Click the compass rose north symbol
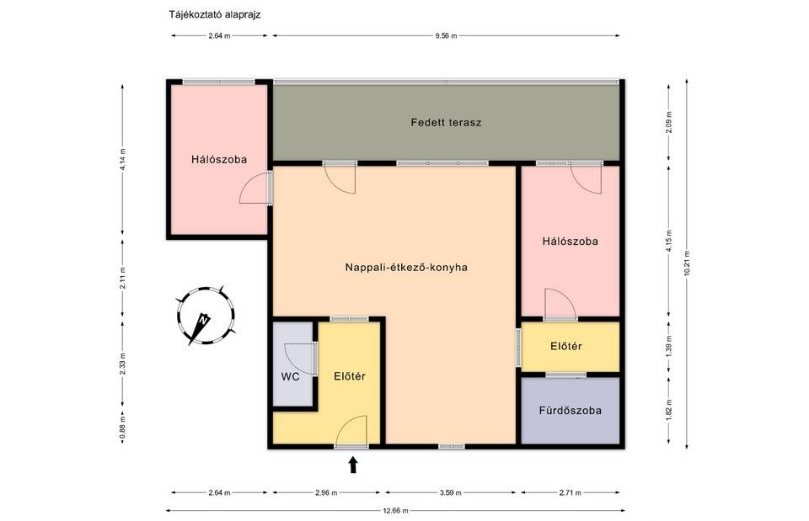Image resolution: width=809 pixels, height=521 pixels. (206, 316)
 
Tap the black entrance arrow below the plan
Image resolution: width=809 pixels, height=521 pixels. (353, 465)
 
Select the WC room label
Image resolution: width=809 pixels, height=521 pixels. (291, 377)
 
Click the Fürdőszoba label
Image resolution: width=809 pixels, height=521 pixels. (571, 411)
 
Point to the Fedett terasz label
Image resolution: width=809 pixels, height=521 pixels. (447, 123)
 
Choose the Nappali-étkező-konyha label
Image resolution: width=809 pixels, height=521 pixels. (406, 268)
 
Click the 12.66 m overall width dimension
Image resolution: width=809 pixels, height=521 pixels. (396, 511)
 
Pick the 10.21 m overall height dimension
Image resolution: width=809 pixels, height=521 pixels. (686, 263)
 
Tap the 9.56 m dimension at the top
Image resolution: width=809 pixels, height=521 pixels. (446, 35)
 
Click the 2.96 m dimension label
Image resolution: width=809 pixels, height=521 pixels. (326, 492)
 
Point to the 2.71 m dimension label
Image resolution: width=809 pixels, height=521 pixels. (571, 492)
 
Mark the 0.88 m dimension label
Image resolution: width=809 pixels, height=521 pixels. (122, 428)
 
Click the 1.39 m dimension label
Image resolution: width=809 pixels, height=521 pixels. (668, 346)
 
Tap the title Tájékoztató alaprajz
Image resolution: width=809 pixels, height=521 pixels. (215, 14)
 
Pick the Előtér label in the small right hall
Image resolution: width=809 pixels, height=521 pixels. (566, 346)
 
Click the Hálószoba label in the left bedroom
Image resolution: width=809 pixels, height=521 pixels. (219, 160)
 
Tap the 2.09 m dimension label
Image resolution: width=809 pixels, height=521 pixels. (668, 122)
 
